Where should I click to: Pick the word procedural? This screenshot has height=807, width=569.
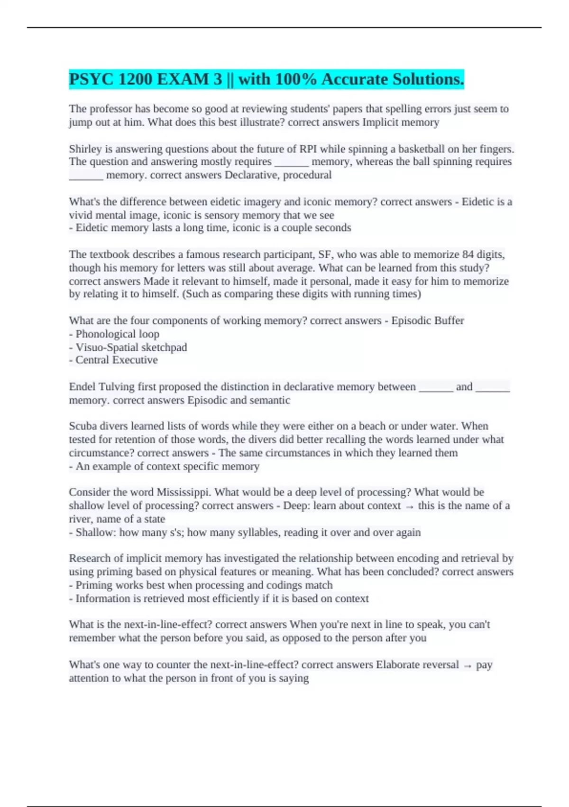pos(307,175)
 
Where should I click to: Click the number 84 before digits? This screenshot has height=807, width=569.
pos(468,254)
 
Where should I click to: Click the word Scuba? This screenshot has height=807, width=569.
pos(82,426)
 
